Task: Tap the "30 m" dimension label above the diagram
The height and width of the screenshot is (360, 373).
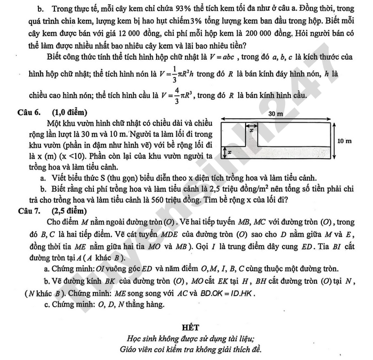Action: coord(275,114)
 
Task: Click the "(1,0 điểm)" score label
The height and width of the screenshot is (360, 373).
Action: coord(69,112)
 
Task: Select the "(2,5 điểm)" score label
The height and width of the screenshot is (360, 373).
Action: coord(69,210)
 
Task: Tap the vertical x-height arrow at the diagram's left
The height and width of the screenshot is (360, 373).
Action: coord(224,153)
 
